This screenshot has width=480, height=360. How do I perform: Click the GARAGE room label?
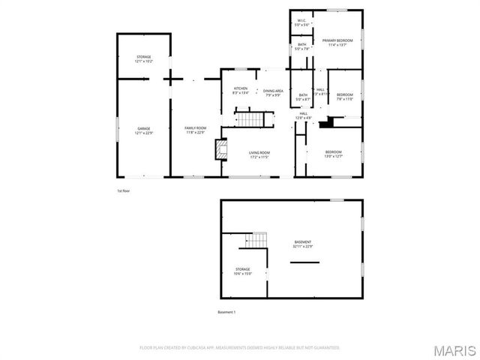pos(144,130)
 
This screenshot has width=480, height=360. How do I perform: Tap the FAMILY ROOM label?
pos(196,130)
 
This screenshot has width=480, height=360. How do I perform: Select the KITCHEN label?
pos(240,91)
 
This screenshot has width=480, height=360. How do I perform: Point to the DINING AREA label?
pos(273,92)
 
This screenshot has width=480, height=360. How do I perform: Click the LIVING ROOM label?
pos(259,155)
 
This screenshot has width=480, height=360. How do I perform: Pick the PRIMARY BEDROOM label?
pos(337,42)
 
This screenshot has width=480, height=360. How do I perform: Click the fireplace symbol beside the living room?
pos(220,150)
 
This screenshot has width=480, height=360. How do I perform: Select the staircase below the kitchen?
pos(250,119)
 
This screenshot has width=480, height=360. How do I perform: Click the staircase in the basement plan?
pos(257,240)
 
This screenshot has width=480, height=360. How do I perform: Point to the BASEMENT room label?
pos(303,244)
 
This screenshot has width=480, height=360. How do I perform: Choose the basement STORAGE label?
pos(242,271)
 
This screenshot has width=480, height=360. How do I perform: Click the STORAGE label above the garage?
pos(143,59)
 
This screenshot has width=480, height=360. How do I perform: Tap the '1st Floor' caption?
pos(124,191)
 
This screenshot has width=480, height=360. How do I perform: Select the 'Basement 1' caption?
pos(226,312)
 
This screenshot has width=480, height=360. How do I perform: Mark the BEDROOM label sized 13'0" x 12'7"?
pos(333,154)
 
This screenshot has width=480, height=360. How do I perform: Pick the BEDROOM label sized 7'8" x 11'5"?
pos(344,96)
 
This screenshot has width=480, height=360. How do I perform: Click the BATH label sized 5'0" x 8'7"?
pos(303,97)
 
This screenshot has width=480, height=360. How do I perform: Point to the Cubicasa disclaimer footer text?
pos(240,348)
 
